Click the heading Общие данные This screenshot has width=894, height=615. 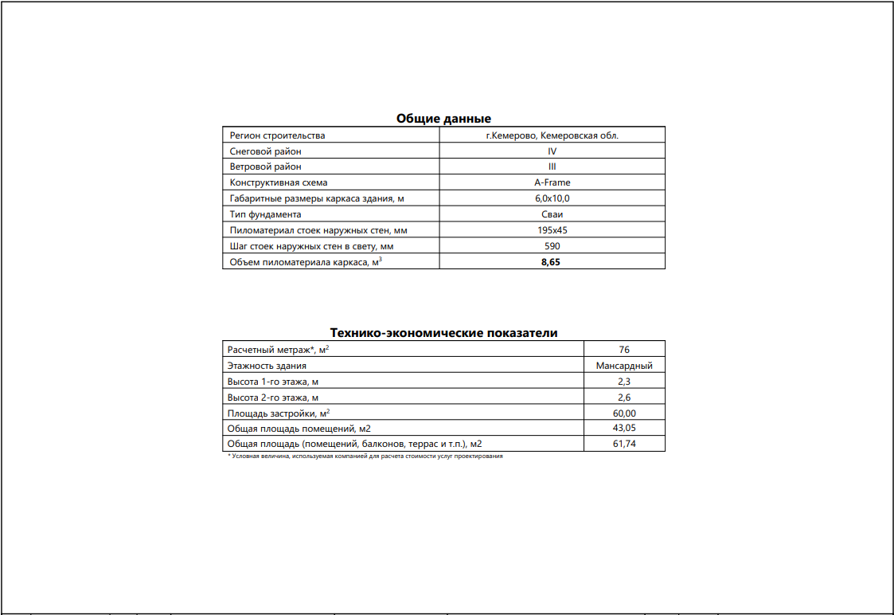click(x=443, y=119)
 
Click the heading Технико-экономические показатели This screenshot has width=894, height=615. click(x=443, y=333)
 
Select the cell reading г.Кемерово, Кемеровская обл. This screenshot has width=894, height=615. click(x=552, y=135)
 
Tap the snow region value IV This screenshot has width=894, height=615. click(x=552, y=151)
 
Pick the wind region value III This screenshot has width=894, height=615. click(x=552, y=167)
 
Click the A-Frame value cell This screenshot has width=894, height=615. click(x=552, y=182)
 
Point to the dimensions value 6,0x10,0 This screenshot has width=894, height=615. click(x=552, y=198)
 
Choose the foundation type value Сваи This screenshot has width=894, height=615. click(x=552, y=214)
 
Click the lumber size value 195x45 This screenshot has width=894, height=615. click(x=552, y=230)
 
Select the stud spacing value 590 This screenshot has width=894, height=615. click(x=552, y=246)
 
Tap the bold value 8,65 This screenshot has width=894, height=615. click(x=552, y=262)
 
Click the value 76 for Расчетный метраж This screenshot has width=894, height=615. click(x=624, y=350)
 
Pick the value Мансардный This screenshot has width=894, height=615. click(x=624, y=366)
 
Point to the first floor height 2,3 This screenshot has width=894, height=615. click(x=624, y=382)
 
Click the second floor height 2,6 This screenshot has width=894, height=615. click(x=624, y=397)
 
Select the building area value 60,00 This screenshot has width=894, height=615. click(x=624, y=413)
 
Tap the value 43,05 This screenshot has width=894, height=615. click(x=624, y=428)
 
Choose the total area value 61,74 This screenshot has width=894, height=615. click(x=624, y=444)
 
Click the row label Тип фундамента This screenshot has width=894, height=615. click(x=265, y=214)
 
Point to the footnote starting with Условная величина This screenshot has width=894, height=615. click(x=366, y=456)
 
